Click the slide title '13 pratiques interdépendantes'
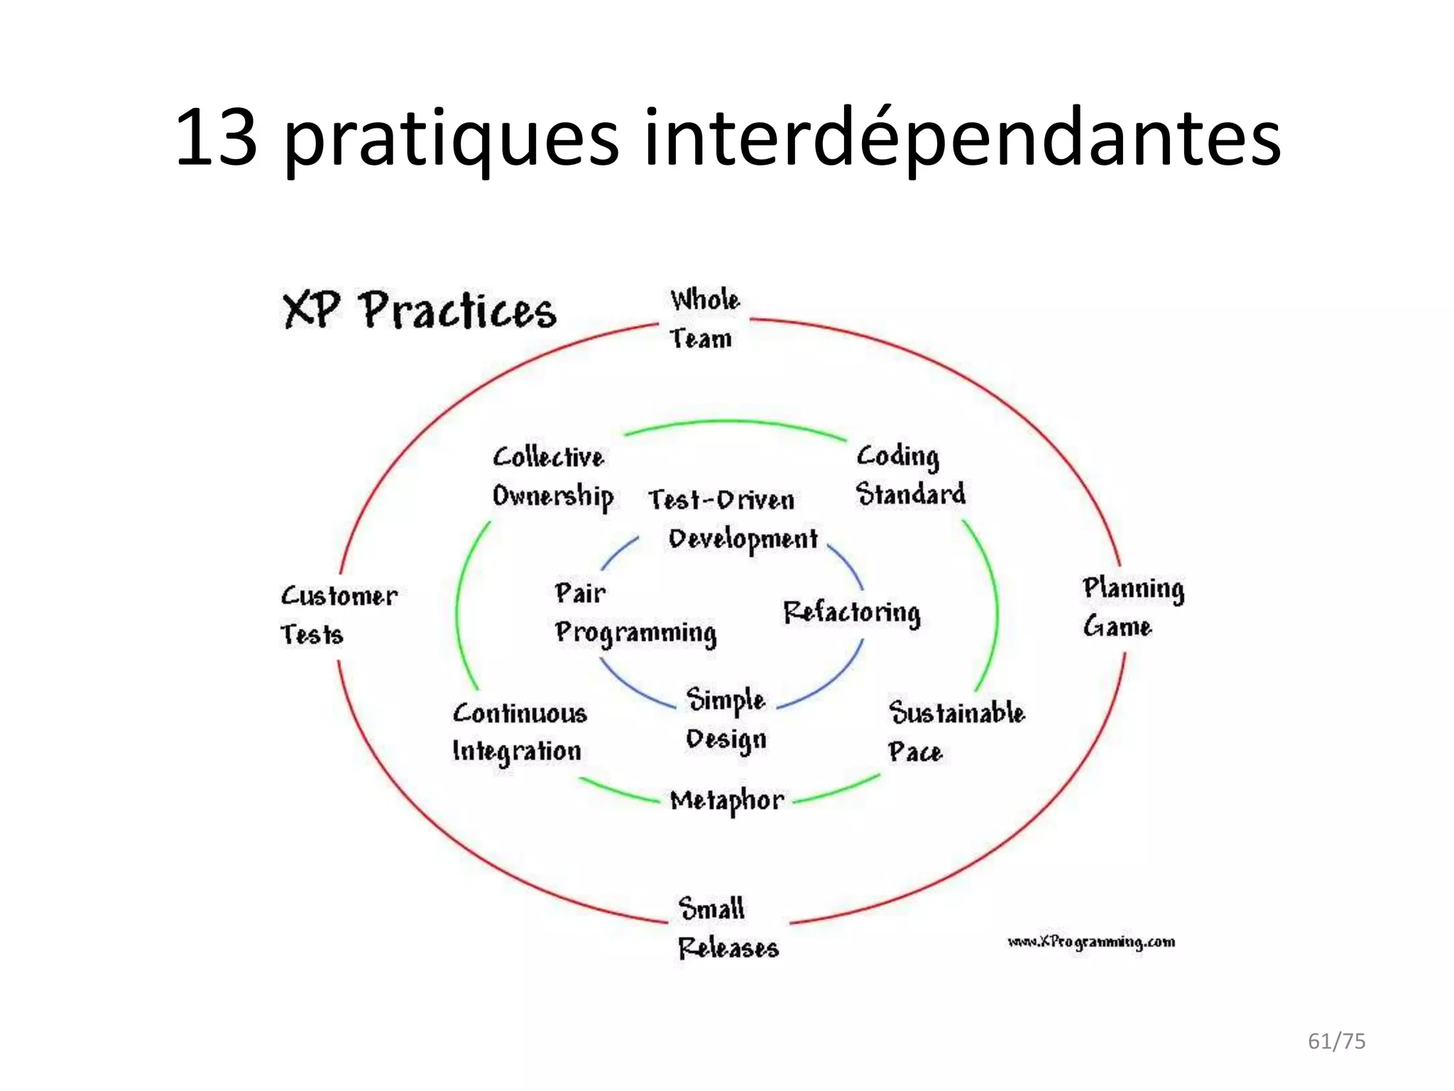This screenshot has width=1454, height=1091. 727,138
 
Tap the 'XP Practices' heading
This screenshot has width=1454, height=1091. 419,311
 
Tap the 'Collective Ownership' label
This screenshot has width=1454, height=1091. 552,477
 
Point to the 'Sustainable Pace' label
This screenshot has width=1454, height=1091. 955,732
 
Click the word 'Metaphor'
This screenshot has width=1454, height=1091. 727,801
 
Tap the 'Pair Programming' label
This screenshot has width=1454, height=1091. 634,613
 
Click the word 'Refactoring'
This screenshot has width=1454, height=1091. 851,613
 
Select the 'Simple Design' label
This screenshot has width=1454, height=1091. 726,719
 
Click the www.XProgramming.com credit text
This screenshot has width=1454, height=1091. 1090,942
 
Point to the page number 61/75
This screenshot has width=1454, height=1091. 1336,1041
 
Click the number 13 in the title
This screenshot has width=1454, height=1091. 216,138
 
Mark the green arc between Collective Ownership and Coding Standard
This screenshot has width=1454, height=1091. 734,423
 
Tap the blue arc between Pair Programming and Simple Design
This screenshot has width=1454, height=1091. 634,688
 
